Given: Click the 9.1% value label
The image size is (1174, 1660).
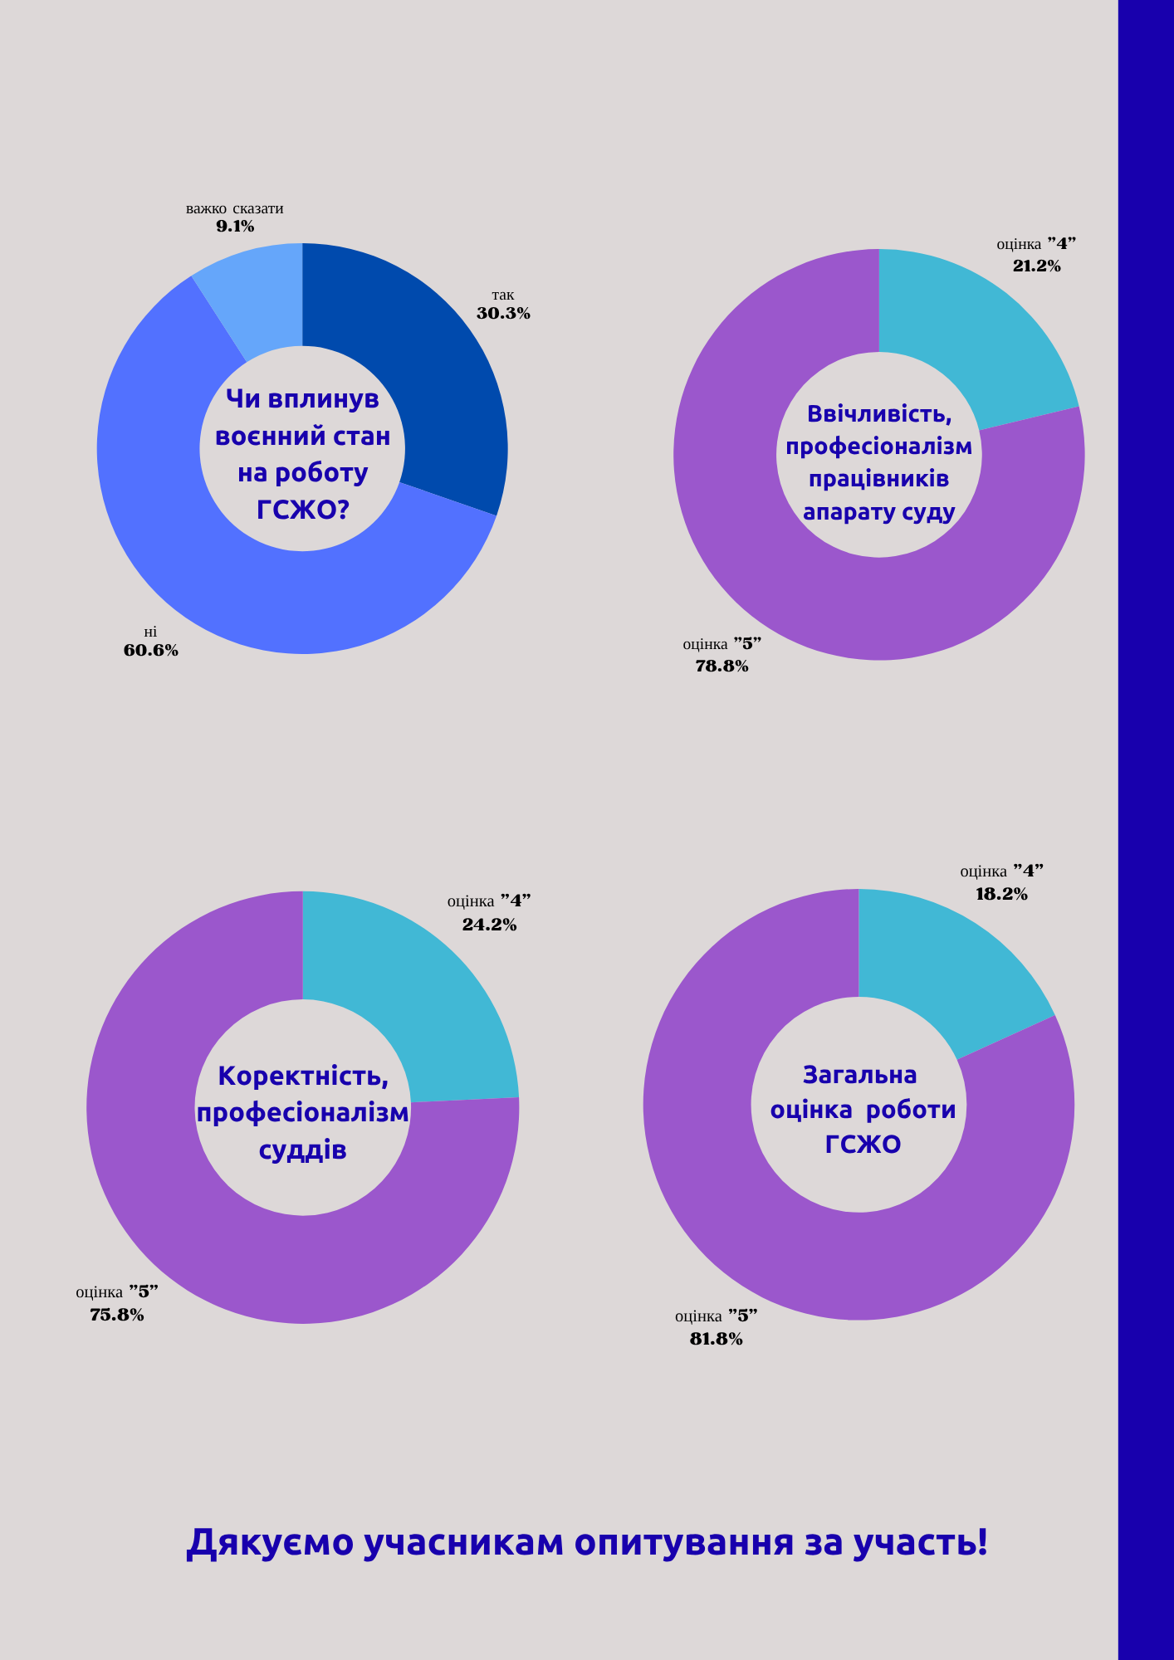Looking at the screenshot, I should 235,226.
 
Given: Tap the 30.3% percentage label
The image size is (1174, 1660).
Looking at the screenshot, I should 503,314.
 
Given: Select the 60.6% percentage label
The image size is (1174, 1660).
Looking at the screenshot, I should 151,651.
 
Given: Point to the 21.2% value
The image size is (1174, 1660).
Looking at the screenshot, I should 1036,266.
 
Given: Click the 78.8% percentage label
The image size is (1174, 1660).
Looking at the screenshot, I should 722,666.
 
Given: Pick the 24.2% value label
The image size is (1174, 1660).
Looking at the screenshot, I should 489,925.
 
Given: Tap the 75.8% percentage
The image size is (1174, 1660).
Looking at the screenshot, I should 117,1315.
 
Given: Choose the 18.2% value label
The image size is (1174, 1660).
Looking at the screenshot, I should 1001,895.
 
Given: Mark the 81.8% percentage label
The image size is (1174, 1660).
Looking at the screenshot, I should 716,1339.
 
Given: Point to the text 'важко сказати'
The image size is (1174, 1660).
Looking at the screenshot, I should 235,208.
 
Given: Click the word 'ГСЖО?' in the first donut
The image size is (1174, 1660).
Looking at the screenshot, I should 302,509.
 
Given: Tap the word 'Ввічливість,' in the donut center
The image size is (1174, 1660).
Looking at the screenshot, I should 879,413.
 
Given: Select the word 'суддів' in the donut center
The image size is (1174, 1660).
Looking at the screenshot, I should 302,1150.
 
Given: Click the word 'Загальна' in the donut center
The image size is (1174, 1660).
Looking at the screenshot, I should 860,1075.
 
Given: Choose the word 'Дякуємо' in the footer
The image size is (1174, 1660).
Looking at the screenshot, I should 270,1542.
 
